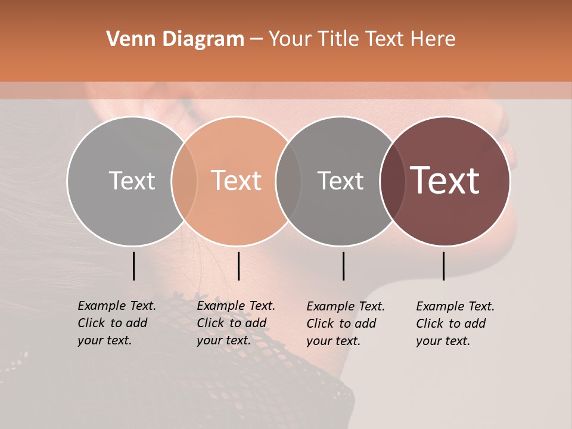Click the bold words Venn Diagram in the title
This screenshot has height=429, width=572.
175,39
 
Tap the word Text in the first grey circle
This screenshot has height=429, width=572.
132,181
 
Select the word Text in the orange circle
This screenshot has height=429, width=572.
237,181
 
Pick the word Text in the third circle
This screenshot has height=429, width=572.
340,181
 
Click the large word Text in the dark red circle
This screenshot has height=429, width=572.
445,181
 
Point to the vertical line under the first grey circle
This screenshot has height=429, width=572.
133,266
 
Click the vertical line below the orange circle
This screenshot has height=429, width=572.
238,266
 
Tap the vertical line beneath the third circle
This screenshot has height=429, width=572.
343,266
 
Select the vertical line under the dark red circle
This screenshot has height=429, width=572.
443,266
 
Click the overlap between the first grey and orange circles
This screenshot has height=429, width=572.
184,181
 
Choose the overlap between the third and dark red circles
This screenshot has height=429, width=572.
393,181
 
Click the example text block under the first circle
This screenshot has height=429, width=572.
116,323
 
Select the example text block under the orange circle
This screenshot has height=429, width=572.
235,323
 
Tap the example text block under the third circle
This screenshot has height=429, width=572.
345,324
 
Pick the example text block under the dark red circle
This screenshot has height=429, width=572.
455,324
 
